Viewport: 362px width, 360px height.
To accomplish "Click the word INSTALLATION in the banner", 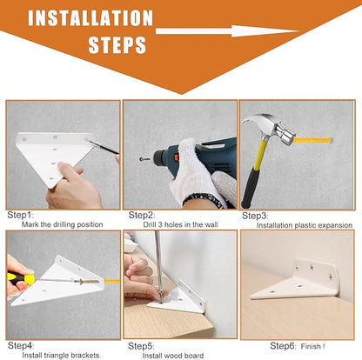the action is point(90,18).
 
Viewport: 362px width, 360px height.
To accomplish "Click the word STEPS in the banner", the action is point(117,45).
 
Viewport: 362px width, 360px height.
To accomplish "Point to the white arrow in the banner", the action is point(227,31).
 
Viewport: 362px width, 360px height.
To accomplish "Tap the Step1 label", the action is point(20,215).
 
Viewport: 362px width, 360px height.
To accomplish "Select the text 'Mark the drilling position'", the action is point(63,224).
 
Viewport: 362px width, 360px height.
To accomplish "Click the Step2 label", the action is point(142,215).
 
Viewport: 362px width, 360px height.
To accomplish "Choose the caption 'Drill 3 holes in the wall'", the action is point(180,224).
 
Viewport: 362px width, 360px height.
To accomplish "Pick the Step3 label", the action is point(255,216).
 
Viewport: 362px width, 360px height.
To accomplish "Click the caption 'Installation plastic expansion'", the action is point(305,225).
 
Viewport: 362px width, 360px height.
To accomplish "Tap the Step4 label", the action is point(21,345).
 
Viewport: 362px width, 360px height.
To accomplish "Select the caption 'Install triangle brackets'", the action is point(61,356).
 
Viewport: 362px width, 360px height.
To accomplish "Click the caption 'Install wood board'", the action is point(173,356).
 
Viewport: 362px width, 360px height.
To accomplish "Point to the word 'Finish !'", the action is point(312,346).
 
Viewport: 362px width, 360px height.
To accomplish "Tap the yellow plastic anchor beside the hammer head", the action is point(312,141).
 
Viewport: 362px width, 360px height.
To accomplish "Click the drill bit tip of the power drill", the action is point(141,159).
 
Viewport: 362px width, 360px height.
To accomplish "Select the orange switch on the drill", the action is point(176,157).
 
